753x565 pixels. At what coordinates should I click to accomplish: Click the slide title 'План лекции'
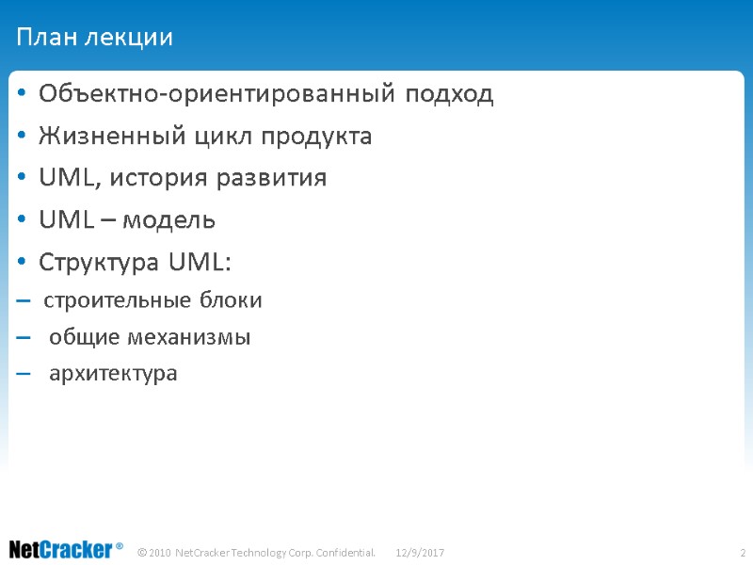[x=94, y=38]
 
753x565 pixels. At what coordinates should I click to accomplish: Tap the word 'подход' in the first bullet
[x=451, y=95]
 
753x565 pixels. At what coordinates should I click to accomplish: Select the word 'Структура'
[x=99, y=262]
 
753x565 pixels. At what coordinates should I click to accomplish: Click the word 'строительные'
[x=118, y=301]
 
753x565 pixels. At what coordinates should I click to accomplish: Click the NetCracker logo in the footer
[x=66, y=549]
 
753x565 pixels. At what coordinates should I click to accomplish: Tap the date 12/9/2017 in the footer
[x=420, y=551]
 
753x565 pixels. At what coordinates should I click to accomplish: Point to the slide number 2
[x=743, y=551]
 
